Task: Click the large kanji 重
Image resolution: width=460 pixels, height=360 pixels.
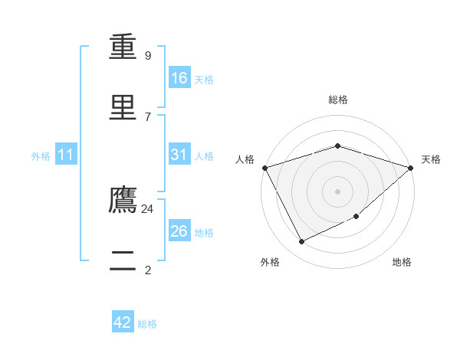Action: tap(123, 47)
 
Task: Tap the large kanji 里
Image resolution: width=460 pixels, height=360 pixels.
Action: tap(123, 107)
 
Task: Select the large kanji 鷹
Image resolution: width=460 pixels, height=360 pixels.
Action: tap(123, 199)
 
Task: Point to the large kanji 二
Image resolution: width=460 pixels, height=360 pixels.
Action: tap(123, 260)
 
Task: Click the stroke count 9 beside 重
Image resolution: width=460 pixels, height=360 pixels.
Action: tap(148, 55)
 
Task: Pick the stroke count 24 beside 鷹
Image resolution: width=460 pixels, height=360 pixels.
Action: tap(147, 209)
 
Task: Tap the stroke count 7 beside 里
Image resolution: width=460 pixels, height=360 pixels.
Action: tap(148, 117)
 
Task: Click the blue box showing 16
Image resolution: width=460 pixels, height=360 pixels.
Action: tap(179, 77)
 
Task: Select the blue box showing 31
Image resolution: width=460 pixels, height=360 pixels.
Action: tap(179, 154)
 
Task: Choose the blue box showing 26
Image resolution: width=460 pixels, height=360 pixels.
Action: tap(179, 230)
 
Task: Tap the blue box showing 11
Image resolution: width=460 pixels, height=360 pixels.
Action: tap(66, 154)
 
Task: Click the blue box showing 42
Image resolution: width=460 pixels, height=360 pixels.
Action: tap(123, 321)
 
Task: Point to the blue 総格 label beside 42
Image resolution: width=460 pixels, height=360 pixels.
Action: tap(147, 324)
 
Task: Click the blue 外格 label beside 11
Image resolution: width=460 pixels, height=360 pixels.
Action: tap(41, 156)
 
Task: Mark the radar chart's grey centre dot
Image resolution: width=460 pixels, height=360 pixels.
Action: tap(337, 191)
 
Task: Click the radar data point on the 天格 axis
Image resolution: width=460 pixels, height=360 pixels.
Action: tap(411, 168)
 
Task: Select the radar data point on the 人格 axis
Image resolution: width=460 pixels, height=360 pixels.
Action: tap(265, 168)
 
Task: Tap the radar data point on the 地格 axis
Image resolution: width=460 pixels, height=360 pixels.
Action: tap(356, 216)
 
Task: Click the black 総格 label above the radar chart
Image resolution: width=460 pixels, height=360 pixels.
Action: tap(338, 100)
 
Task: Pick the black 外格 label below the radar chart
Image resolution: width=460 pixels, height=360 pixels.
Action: tap(270, 262)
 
